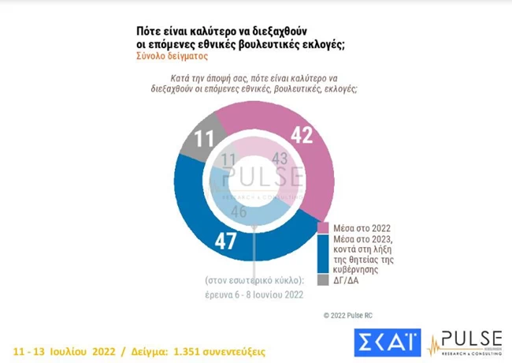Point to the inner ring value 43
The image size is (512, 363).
point(280,159)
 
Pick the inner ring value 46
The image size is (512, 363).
point(239,211)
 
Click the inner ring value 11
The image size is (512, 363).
point(227,161)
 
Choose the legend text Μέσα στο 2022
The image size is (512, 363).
point(359,228)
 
